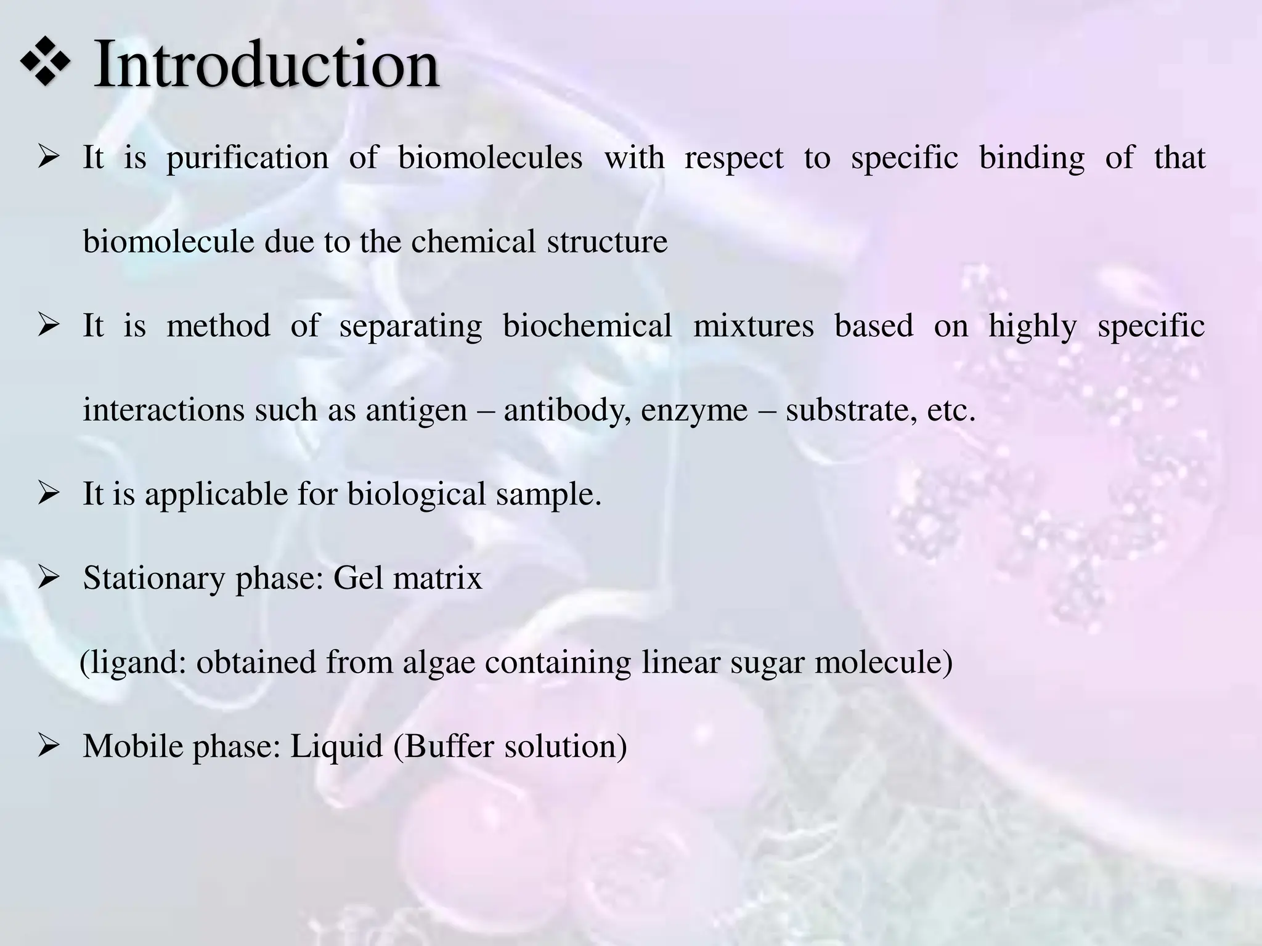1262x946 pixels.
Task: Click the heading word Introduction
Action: [x=266, y=65]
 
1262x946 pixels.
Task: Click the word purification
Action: [x=248, y=158]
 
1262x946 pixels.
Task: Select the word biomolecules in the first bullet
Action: [x=490, y=157]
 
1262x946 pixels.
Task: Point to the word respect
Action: [x=734, y=158]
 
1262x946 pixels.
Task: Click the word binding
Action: [x=1032, y=157]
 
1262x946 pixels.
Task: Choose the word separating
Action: [x=410, y=326]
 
